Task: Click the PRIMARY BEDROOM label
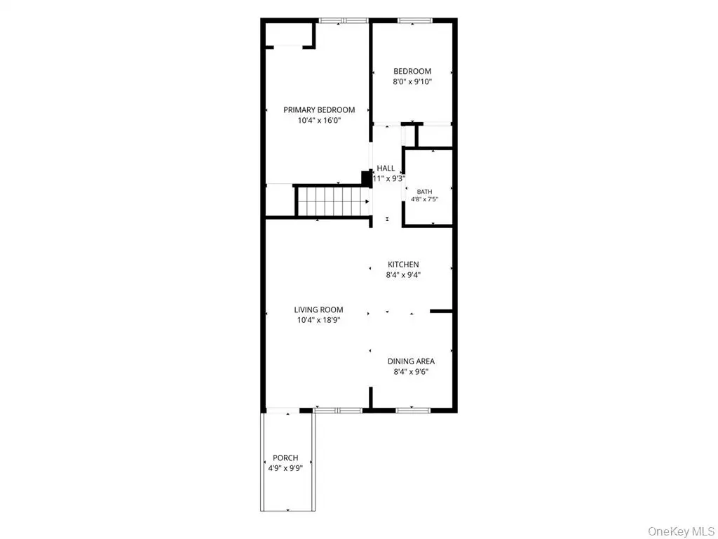click(319, 110)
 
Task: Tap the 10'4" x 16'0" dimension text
click(319, 121)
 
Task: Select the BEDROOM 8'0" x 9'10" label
click(412, 76)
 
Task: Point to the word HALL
click(386, 168)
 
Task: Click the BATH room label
click(424, 192)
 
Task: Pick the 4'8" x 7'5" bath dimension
click(424, 199)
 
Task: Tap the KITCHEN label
click(403, 265)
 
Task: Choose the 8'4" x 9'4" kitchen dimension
click(403, 275)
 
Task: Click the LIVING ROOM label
click(319, 310)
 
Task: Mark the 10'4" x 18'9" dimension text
click(319, 320)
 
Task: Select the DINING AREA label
click(411, 361)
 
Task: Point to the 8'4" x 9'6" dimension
click(411, 372)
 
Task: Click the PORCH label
click(286, 458)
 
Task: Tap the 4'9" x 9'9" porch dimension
click(286, 468)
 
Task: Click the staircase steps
click(334, 201)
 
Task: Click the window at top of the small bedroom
click(414, 20)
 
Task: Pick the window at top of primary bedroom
click(344, 20)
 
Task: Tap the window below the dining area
click(413, 410)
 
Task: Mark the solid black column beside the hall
click(366, 178)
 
